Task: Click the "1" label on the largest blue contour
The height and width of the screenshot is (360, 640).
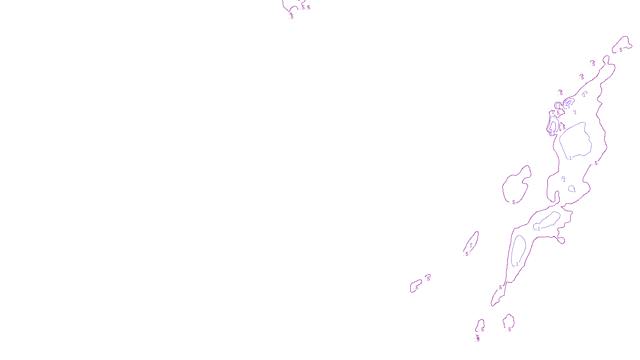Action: pyautogui.click(x=570, y=158)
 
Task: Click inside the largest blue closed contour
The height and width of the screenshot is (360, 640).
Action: pyautogui.click(x=575, y=140)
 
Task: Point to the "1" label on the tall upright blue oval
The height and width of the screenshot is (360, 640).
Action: pyautogui.click(x=517, y=264)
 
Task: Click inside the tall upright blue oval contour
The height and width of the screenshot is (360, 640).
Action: pyautogui.click(x=519, y=250)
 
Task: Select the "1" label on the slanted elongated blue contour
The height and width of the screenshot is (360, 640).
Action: pyautogui.click(x=539, y=229)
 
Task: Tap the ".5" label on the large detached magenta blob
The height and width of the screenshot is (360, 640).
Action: pyautogui.click(x=513, y=202)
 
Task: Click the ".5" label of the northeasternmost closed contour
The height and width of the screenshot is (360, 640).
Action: pyautogui.click(x=620, y=50)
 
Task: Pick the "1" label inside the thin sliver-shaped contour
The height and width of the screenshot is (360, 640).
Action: pyautogui.click(x=471, y=245)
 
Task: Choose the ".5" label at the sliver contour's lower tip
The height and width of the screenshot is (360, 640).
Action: pyautogui.click(x=466, y=254)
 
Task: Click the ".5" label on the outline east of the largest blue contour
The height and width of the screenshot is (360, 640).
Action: pyautogui.click(x=596, y=163)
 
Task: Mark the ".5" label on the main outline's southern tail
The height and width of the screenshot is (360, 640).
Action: pyautogui.click(x=500, y=288)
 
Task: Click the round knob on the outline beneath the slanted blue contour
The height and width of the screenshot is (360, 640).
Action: pyautogui.click(x=562, y=240)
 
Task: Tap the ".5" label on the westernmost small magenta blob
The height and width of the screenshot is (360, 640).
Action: pyautogui.click(x=416, y=288)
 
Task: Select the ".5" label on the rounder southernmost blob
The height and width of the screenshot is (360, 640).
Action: pyautogui.click(x=509, y=330)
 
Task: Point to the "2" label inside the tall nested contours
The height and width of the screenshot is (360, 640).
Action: pyautogui.click(x=551, y=130)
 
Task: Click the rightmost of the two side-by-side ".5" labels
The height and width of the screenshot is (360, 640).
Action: pyautogui.click(x=308, y=8)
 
